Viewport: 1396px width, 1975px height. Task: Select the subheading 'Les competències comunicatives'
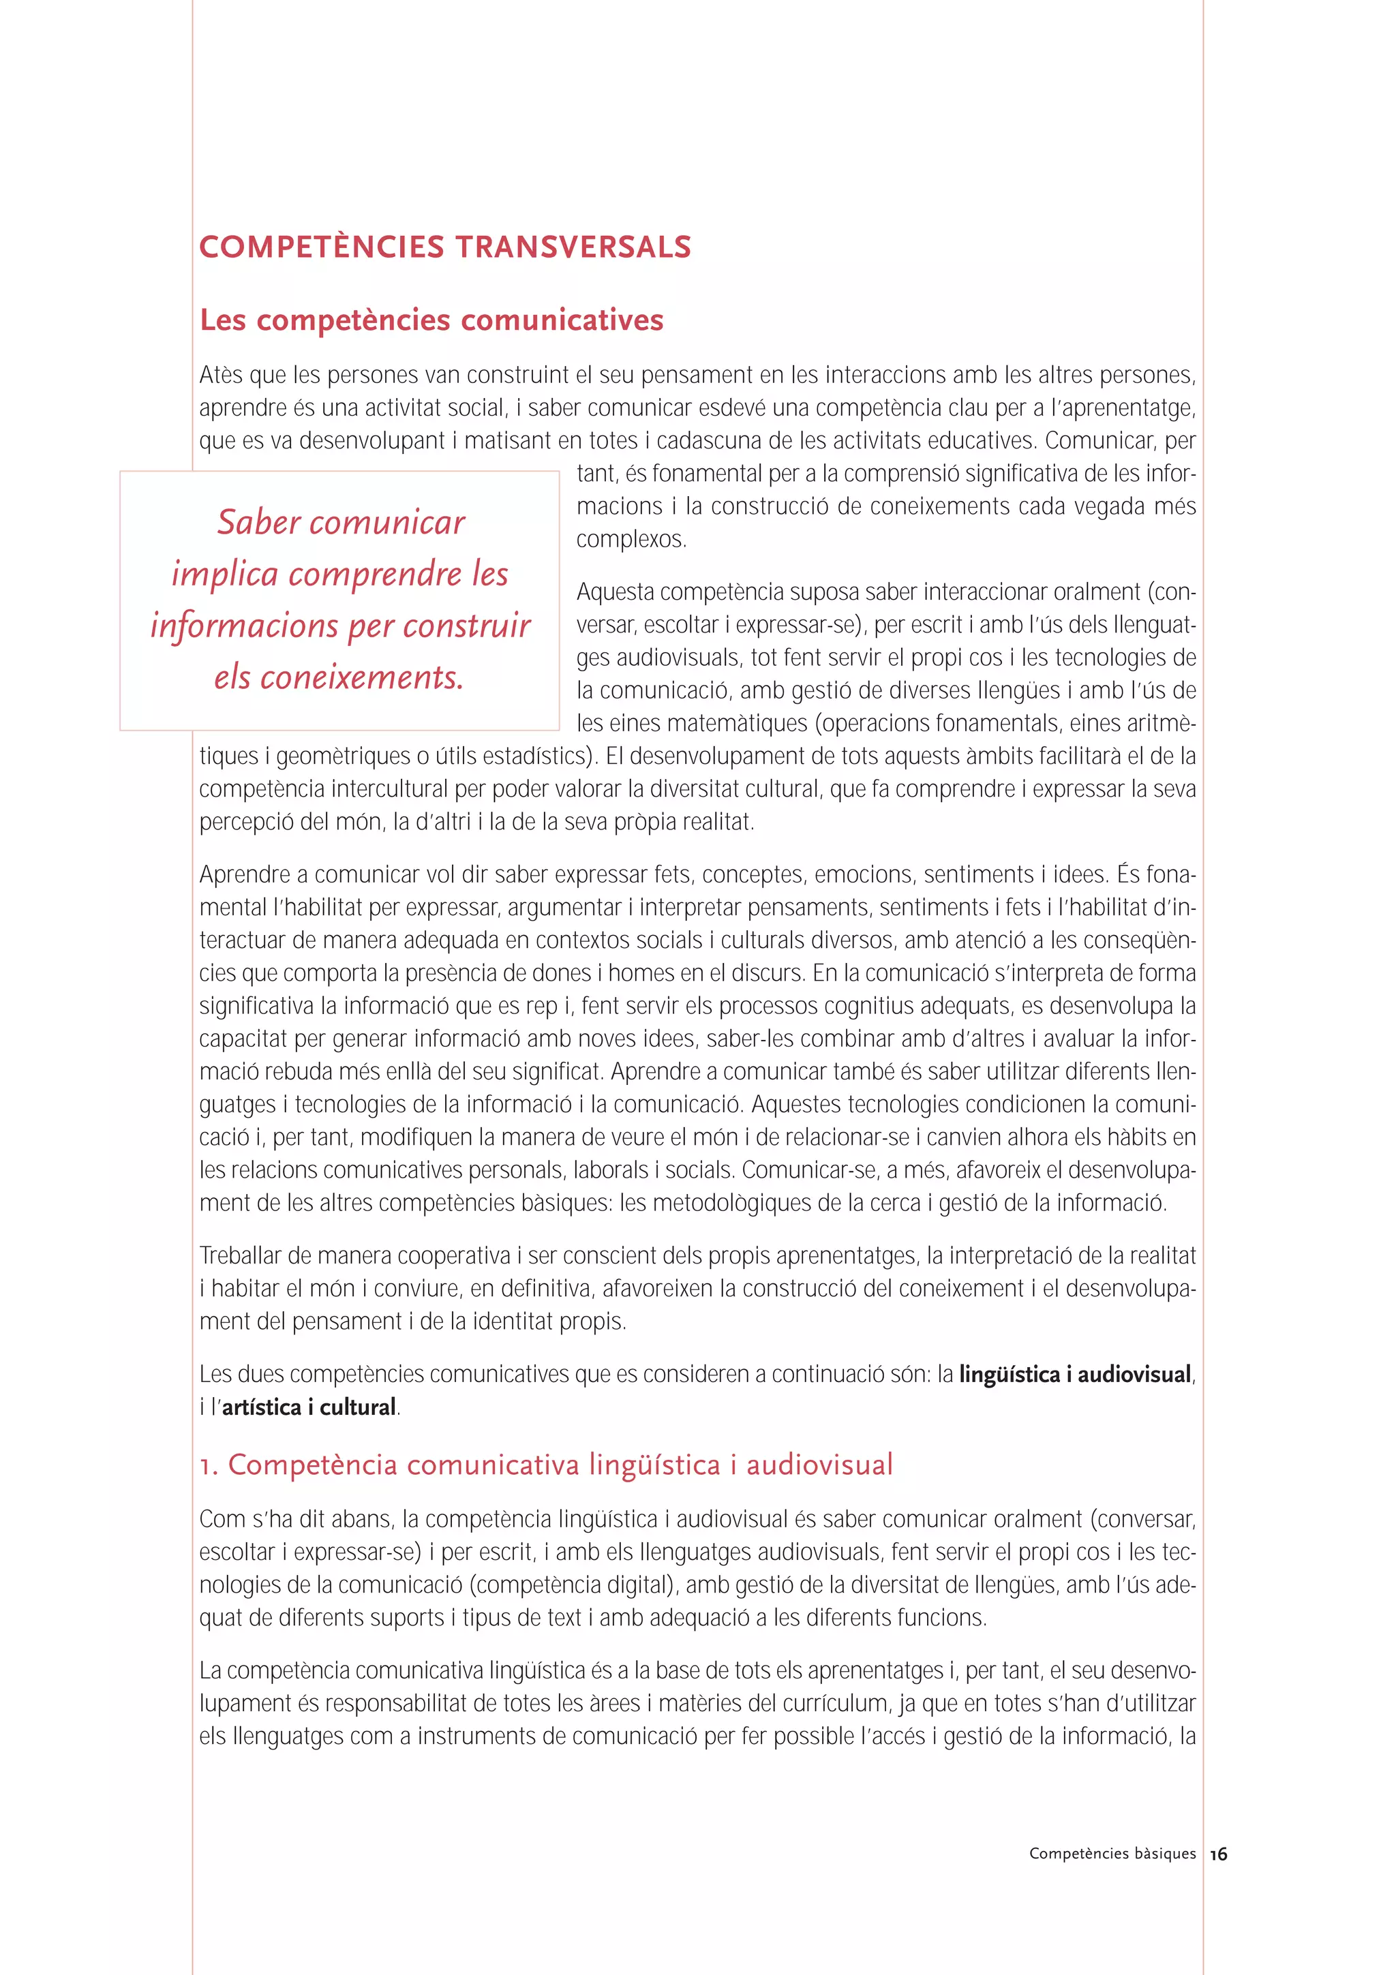point(431,320)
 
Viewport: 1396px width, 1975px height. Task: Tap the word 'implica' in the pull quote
point(226,575)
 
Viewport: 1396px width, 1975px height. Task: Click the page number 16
point(1218,1854)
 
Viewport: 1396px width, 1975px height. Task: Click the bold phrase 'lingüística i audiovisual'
point(1074,1375)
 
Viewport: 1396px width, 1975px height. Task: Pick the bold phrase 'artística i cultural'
point(309,1407)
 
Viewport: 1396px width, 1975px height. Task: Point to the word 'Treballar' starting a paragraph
point(239,1256)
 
